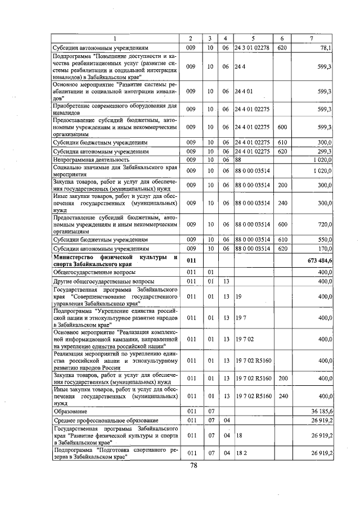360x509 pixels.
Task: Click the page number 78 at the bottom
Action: (x=193, y=465)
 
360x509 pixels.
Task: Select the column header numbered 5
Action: (x=253, y=38)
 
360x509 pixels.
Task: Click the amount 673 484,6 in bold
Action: (x=319, y=260)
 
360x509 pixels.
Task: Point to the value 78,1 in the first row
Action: (x=325, y=48)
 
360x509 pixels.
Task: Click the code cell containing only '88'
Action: (x=239, y=160)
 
